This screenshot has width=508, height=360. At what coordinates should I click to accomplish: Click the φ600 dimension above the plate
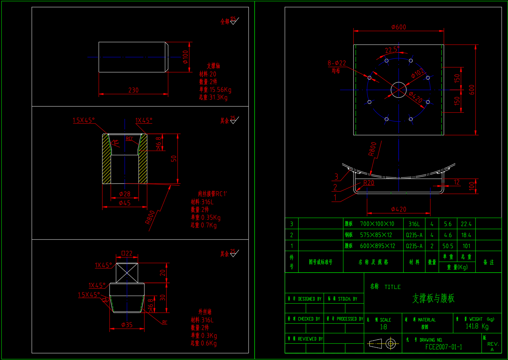[398, 27]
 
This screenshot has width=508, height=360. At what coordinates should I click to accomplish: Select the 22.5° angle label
[392, 50]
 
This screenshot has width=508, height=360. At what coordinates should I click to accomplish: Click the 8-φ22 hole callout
[337, 63]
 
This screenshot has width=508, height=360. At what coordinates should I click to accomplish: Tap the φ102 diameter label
[417, 73]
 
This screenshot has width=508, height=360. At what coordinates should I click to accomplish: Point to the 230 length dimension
[133, 90]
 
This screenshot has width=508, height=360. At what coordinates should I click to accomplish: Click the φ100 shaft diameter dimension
[185, 57]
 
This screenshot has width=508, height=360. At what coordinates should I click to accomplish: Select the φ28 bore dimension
[125, 194]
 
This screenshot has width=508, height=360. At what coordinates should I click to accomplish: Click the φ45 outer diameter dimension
[125, 203]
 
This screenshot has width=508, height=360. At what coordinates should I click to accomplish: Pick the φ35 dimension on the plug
[127, 325]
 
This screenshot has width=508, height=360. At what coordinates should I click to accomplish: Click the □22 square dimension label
[127, 253]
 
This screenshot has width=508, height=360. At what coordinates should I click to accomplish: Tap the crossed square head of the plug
[127, 273]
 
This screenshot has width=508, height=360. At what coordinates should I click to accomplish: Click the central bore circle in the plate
[398, 90]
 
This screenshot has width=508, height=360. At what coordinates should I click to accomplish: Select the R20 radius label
[369, 183]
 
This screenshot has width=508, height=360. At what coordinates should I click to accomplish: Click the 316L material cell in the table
[414, 224]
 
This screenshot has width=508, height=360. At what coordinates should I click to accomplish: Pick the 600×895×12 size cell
[377, 246]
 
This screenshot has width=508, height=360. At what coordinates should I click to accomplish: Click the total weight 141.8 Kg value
[477, 326]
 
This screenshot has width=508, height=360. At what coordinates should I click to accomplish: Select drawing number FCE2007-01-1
[443, 347]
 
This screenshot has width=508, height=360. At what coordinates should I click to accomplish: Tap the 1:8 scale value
[383, 327]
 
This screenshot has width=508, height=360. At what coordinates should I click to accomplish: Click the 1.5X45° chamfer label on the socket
[84, 120]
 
